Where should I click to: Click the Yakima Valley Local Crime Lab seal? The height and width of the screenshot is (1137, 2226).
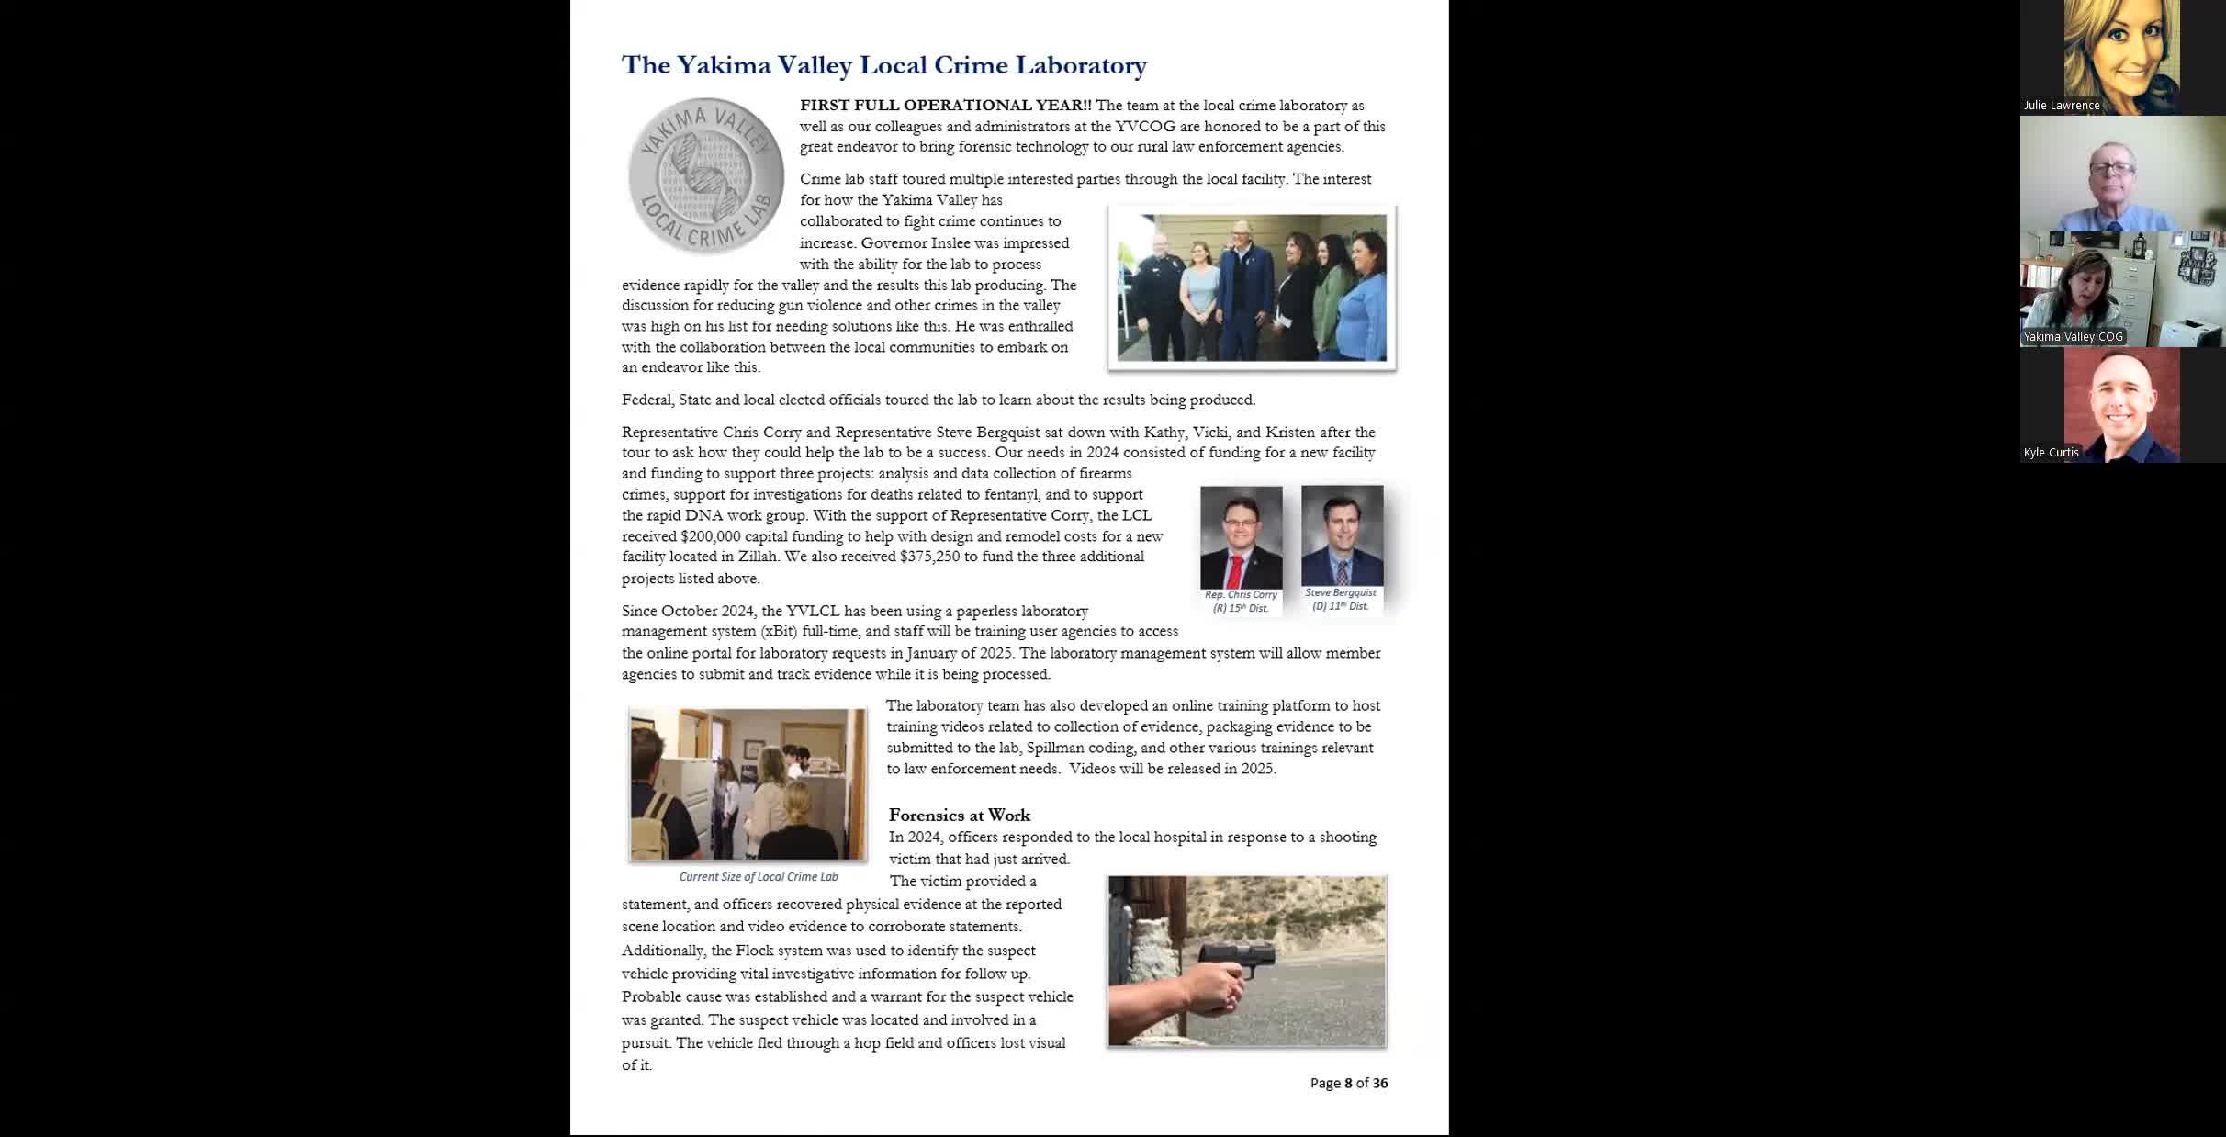click(x=705, y=175)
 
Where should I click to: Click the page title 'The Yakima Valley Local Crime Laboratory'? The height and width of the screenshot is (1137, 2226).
click(x=883, y=65)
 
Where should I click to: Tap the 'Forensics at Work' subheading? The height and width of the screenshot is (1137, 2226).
click(x=959, y=816)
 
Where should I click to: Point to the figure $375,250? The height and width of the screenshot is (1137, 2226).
click(x=929, y=557)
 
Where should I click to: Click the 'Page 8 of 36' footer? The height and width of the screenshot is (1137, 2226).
click(x=1348, y=1083)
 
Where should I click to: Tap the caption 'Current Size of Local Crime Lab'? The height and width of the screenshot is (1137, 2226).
click(x=758, y=877)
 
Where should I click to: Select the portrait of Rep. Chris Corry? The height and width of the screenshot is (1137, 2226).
click(x=1241, y=537)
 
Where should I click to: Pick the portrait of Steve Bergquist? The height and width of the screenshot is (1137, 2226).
click(x=1342, y=535)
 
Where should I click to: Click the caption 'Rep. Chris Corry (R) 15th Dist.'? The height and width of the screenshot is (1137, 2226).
click(x=1241, y=602)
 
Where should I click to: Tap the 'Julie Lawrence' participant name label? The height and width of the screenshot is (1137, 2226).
click(x=2062, y=106)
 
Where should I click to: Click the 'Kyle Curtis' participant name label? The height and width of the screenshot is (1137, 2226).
click(x=2051, y=453)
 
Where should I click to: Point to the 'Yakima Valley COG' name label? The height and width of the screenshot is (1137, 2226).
click(x=2073, y=337)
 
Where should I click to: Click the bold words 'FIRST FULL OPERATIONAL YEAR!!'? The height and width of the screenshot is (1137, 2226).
click(x=945, y=106)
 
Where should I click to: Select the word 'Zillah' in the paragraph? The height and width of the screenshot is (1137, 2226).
click(x=757, y=557)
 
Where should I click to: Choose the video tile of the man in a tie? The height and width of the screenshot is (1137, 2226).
click(x=2122, y=174)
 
